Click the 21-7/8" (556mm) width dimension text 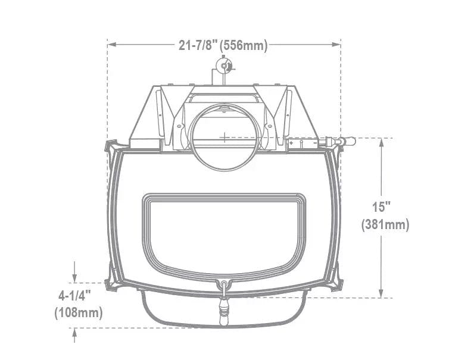pos(223,45)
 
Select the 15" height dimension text pos(382,206)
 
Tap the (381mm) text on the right pos(385,225)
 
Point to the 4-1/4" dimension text pos(75,296)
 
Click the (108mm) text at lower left pos(79,313)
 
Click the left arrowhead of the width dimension pos(112,45)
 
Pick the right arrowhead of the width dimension pos(336,45)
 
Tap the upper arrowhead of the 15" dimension pos(381,142)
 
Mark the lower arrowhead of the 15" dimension pos(381,293)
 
